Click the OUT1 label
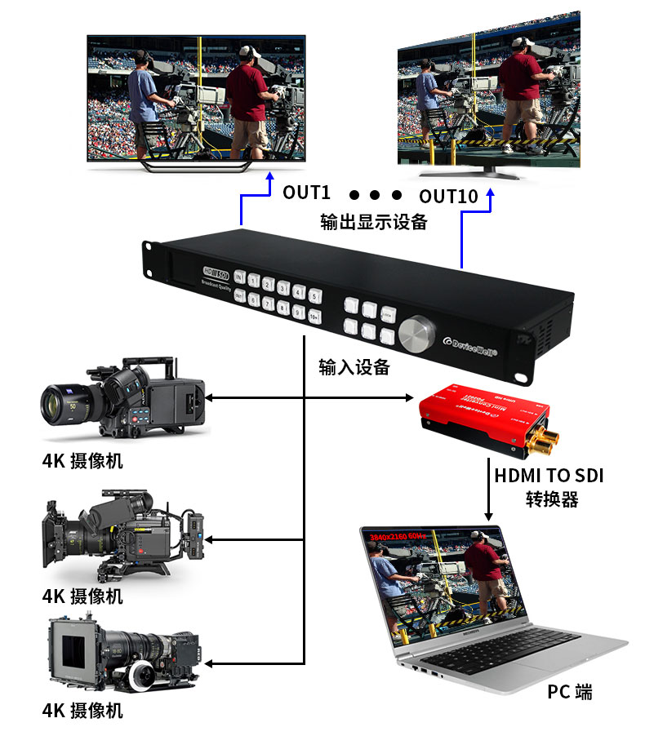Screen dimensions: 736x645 coord(306,193)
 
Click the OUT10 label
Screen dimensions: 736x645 coord(447,197)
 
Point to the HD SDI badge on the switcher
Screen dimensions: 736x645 coord(216,270)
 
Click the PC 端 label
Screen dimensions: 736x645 coord(570,693)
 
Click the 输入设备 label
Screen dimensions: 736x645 coord(354,367)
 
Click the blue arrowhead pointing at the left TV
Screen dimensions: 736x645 coord(269,186)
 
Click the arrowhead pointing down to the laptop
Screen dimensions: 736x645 coord(489,515)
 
